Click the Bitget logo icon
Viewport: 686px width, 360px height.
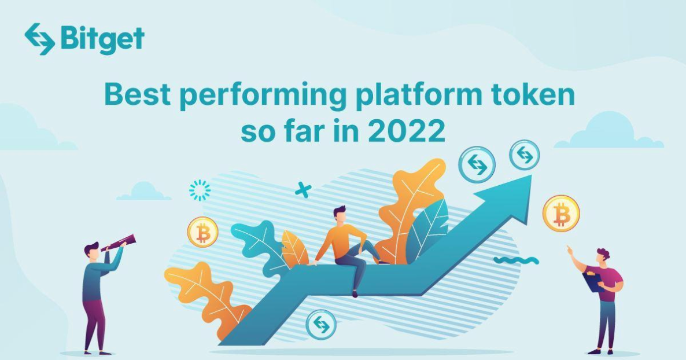click(x=39, y=39)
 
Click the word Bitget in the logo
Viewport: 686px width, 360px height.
click(x=102, y=39)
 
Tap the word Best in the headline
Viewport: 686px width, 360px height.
click(x=137, y=95)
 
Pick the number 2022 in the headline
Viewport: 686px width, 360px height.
click(x=407, y=131)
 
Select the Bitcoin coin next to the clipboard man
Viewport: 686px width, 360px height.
click(x=560, y=214)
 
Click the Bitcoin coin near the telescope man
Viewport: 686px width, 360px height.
click(x=202, y=232)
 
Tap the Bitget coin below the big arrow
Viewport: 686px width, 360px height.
click(x=321, y=324)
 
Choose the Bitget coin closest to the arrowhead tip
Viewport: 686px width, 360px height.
click(x=524, y=155)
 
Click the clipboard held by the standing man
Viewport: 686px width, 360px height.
click(x=592, y=281)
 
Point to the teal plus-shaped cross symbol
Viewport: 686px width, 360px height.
click(x=303, y=189)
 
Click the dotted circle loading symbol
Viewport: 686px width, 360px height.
click(x=200, y=190)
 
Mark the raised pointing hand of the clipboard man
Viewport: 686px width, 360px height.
click(x=569, y=250)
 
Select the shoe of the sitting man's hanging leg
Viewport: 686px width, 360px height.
click(x=355, y=293)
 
